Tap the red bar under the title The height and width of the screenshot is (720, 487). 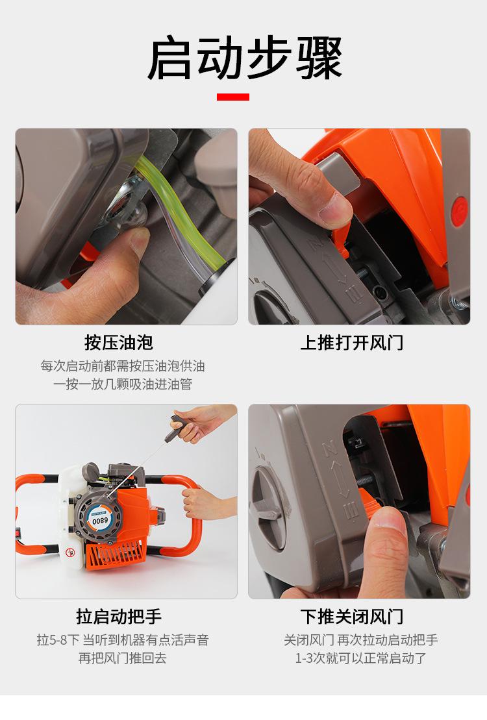pos(233,97)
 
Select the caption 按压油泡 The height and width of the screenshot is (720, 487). pos(119,343)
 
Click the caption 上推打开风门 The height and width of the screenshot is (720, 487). pos(352,343)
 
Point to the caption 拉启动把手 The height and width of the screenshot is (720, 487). pos(119,616)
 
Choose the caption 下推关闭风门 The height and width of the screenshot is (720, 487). pos(352,616)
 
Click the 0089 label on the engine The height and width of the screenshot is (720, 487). pos(100,521)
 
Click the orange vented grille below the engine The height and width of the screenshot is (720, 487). pos(116,556)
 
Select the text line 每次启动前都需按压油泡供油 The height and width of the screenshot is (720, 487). pos(122,366)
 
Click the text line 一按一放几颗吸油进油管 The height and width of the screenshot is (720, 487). pos(122,384)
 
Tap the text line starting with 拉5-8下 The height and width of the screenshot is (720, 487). pos(123,639)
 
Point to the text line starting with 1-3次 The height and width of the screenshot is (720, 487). pos(361,658)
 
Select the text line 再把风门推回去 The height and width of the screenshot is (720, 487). pos(122,658)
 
